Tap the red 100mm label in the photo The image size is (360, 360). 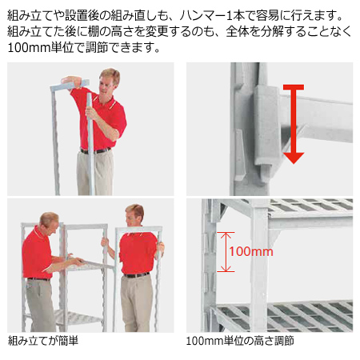click(x=250, y=251)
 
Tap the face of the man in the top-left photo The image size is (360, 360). click(x=110, y=80)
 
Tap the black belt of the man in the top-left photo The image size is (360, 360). click(x=95, y=150)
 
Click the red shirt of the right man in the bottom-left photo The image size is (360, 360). click(x=136, y=250)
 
